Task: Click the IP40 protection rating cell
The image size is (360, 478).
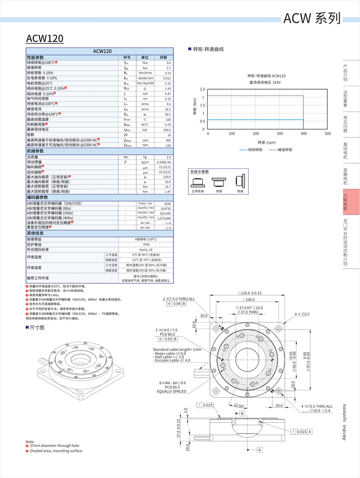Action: [x=146, y=244]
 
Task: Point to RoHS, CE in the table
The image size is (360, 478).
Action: [x=146, y=250]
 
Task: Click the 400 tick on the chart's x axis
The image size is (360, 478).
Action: [x=304, y=133]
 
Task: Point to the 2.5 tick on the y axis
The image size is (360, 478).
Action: [x=202, y=89]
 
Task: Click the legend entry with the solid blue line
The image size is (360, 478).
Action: [x=251, y=150]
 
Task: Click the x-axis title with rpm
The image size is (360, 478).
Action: [x=266, y=142]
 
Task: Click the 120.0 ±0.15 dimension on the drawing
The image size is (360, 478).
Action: [x=250, y=293]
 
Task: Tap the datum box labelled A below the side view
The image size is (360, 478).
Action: [x=259, y=450]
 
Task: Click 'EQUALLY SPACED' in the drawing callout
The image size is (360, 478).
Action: [x=171, y=391]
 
